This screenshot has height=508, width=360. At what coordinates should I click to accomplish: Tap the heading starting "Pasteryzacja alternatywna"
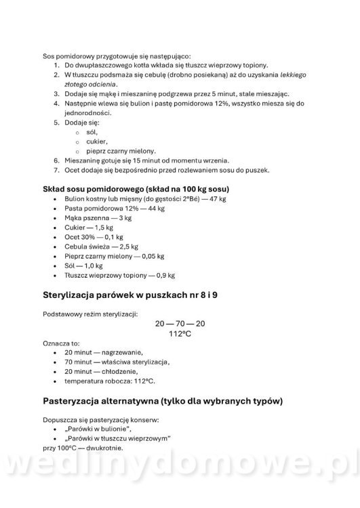tap(163, 400)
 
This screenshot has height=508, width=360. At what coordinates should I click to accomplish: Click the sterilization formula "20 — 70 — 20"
tap(180, 324)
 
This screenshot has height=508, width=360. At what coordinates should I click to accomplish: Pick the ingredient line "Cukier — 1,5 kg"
tap(89, 228)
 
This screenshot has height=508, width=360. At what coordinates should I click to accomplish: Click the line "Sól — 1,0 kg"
tap(83, 266)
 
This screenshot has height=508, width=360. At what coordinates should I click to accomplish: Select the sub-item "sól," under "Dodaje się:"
tap(92, 132)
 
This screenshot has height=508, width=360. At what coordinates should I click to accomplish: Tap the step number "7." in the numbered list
tap(57, 170)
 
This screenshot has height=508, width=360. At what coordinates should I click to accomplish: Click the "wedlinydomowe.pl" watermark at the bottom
tap(180, 474)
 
